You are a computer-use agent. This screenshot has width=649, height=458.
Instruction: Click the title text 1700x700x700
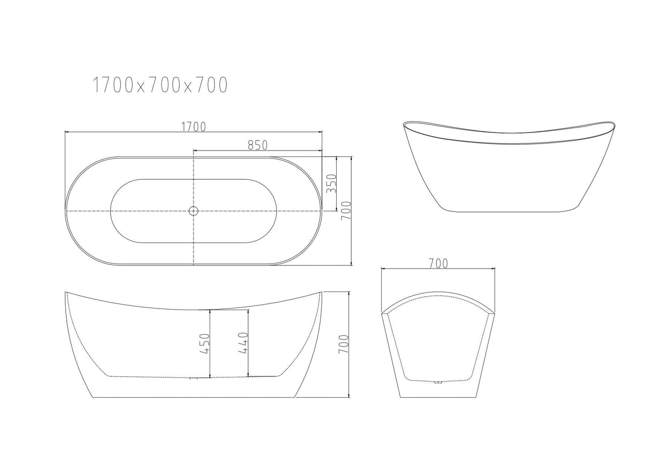click(x=160, y=85)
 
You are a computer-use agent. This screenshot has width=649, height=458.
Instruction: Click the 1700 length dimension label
click(x=193, y=127)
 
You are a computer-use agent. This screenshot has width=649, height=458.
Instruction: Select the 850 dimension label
click(x=257, y=145)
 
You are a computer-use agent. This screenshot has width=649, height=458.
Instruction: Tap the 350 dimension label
click(x=330, y=184)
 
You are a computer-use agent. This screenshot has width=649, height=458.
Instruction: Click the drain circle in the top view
click(x=194, y=211)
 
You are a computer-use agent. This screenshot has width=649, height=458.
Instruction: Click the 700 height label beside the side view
click(x=344, y=344)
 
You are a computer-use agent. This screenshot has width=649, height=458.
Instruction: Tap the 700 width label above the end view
click(x=438, y=263)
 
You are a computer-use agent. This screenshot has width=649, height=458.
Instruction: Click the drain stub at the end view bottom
click(x=438, y=382)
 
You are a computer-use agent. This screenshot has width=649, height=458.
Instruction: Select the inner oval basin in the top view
click(x=194, y=211)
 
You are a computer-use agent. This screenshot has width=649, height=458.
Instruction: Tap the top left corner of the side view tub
click(x=66, y=293)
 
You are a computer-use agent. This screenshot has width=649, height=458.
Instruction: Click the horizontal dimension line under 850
click(x=257, y=151)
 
